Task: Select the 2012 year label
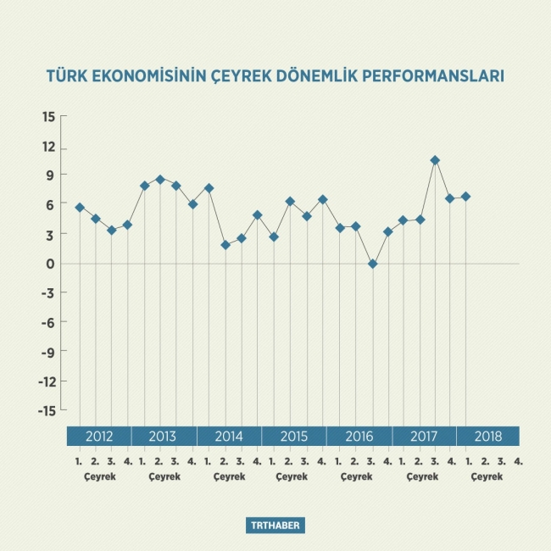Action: [x=99, y=437]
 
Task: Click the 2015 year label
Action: [x=293, y=437]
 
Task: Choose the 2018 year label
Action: [x=487, y=437]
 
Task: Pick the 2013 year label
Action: [x=163, y=437]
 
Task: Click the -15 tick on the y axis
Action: [x=47, y=410]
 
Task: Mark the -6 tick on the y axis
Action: [x=47, y=322]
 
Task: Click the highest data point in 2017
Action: [x=435, y=160]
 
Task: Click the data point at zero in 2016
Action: [x=372, y=264]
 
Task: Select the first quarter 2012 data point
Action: [x=80, y=208]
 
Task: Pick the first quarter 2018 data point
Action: [x=465, y=197]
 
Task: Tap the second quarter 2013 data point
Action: [x=160, y=180]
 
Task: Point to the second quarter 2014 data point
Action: [x=225, y=245]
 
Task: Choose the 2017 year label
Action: [x=423, y=437]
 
